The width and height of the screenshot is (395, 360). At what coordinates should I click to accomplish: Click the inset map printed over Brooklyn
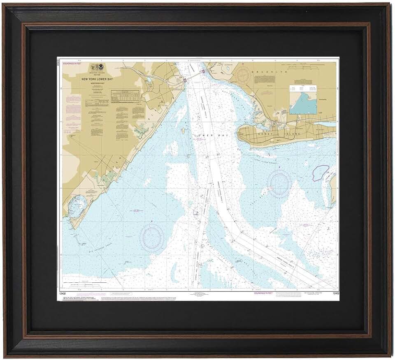303,99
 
